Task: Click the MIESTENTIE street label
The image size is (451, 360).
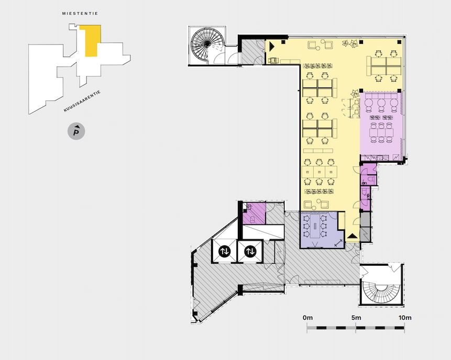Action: pyautogui.click(x=80, y=14)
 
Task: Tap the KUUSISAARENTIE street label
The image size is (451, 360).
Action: pyautogui.click(x=82, y=101)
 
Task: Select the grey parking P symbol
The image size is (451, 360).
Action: pyautogui.click(x=76, y=132)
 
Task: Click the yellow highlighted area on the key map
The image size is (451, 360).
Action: pyautogui.click(x=92, y=40)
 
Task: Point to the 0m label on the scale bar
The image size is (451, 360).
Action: pyautogui.click(x=307, y=318)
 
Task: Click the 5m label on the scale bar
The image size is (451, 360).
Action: pyautogui.click(x=356, y=318)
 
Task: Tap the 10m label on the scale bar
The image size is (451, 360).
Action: pyautogui.click(x=405, y=318)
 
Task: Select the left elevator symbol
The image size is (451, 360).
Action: pyautogui.click(x=224, y=251)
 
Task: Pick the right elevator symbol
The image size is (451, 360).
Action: pyautogui.click(x=250, y=251)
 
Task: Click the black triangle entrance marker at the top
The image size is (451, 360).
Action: pyautogui.click(x=271, y=46)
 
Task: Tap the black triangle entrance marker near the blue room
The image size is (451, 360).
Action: pyautogui.click(x=353, y=236)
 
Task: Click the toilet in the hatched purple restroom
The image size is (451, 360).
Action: pyautogui.click(x=252, y=219)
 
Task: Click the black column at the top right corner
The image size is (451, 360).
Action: pyautogui.click(x=400, y=42)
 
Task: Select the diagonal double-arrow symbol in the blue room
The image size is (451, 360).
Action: pyautogui.click(x=339, y=243)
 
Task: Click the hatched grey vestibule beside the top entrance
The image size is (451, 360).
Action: pyautogui.click(x=252, y=52)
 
